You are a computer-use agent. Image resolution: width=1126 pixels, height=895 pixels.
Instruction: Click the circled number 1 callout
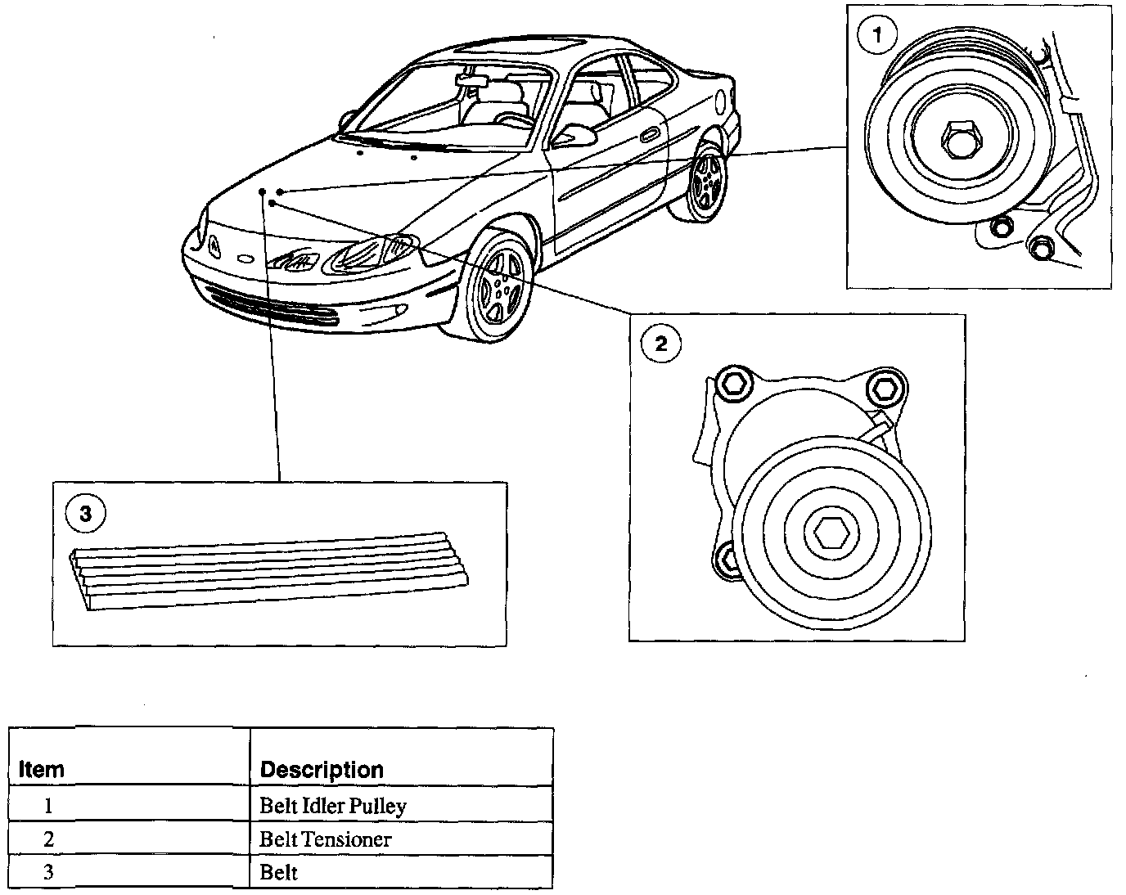coord(877,35)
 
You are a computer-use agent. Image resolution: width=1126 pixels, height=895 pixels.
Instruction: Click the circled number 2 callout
coord(660,344)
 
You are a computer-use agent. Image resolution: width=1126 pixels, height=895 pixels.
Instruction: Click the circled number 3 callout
coord(84,513)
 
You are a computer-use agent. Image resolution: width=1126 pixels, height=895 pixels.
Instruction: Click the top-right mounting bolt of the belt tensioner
coord(882,385)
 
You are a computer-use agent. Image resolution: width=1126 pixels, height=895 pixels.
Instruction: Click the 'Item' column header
coord(42,770)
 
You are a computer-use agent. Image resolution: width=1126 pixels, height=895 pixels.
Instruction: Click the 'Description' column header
coord(321,770)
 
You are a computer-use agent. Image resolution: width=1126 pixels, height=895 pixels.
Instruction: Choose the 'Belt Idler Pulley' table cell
coord(333,806)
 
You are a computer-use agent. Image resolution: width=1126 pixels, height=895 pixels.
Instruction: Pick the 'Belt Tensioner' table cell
coord(326,839)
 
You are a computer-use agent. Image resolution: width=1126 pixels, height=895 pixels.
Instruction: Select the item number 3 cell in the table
coord(48,872)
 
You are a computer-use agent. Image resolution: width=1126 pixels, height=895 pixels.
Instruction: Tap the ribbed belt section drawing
coord(270,569)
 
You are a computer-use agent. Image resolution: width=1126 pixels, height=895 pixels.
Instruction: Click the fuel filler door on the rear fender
coord(720,101)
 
